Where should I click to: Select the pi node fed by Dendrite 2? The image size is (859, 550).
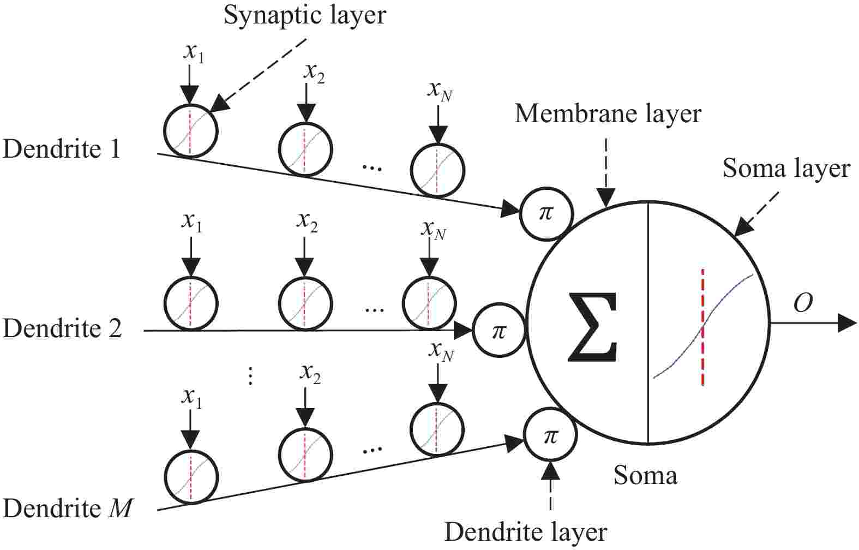(498, 331)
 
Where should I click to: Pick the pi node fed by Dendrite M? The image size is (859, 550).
(550, 435)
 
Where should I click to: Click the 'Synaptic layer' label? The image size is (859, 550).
(304, 15)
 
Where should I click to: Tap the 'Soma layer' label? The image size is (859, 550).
(786, 169)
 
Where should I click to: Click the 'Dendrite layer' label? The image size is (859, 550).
(525, 531)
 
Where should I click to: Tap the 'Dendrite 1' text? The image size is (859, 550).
(61, 149)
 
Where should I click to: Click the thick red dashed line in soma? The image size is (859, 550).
(702, 327)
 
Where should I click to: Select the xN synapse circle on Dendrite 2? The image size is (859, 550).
(429, 303)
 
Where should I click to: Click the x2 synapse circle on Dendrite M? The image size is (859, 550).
(305, 454)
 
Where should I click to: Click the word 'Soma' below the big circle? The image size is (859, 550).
(645, 475)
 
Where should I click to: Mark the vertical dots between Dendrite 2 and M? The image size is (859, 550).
(250, 376)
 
